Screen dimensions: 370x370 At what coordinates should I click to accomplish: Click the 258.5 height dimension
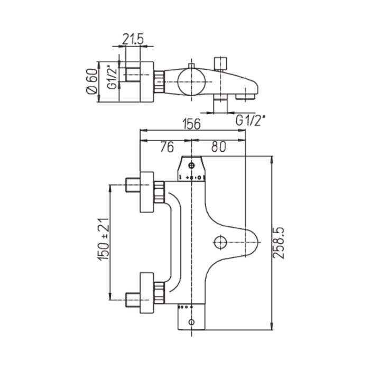(281, 242)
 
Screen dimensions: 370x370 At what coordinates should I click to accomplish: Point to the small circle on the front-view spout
(220, 242)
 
